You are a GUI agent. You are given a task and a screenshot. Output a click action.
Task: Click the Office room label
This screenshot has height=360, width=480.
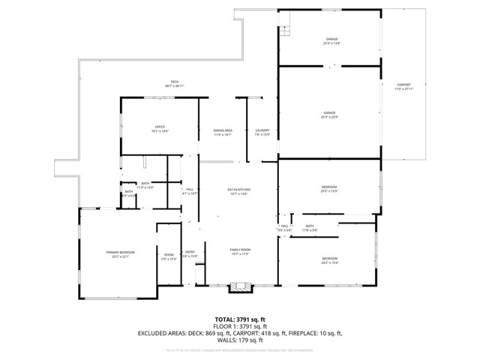coord(160,129)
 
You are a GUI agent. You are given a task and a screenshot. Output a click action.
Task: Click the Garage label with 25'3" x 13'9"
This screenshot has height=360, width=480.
coord(331,41)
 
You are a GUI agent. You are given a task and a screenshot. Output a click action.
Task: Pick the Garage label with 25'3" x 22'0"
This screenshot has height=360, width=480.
coord(330,115)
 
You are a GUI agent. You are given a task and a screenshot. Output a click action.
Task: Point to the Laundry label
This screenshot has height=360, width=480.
coord(262,133)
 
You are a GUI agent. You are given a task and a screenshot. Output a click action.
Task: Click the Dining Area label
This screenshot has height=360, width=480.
coord(223,133)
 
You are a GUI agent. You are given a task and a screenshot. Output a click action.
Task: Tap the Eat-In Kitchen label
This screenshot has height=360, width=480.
coord(238,192)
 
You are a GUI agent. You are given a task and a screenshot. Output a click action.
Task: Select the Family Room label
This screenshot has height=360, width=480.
coord(239,251)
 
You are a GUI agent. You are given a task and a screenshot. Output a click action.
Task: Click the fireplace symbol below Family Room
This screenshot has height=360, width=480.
coord(239,286)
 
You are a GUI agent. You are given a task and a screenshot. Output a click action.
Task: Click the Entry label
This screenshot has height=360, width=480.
coord(190,254)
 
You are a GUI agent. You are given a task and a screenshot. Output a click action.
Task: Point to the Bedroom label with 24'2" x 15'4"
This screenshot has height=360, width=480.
coord(330,260)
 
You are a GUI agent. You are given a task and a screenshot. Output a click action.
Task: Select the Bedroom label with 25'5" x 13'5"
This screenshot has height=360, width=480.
coord(330,189)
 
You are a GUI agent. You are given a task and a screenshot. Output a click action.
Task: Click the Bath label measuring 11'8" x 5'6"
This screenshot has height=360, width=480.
coord(310,228)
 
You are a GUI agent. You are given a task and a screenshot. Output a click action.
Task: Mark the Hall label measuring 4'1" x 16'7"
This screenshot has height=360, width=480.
coord(190,191)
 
